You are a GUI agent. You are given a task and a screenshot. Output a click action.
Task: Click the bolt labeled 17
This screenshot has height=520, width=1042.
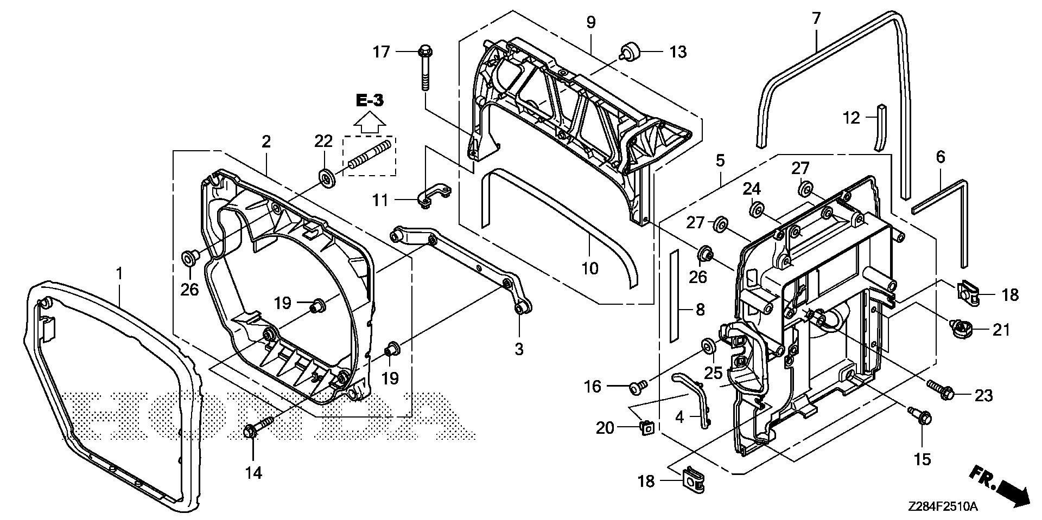coord(424,70)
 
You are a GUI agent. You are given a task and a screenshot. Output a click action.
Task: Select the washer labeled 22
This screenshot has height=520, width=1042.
coord(327,177)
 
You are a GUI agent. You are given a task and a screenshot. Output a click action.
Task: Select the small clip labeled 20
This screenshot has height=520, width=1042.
coord(646,427)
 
